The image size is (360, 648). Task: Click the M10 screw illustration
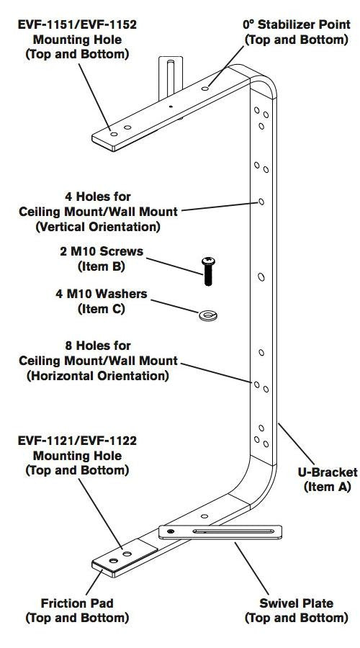[x=208, y=271]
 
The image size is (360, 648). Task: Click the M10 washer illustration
[x=208, y=316]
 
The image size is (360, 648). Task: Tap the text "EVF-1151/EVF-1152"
[x=77, y=24]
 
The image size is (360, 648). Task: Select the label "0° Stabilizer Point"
[x=297, y=24]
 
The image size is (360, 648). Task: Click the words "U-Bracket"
[x=328, y=472]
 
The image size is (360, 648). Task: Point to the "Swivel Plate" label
[x=296, y=603]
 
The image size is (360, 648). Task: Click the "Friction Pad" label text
[x=77, y=603]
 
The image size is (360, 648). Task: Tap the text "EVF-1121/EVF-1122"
[x=77, y=441]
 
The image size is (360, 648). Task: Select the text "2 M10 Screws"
[x=102, y=251]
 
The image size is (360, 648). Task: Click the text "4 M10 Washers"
[x=102, y=294]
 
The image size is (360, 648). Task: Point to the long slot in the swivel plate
[x=233, y=531]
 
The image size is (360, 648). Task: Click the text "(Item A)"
[x=328, y=487]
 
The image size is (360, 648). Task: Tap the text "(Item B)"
[x=102, y=266]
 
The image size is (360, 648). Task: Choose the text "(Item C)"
[x=102, y=309]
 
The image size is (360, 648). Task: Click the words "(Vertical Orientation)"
[x=98, y=227]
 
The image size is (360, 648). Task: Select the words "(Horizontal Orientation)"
[x=98, y=376]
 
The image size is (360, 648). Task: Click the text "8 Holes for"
[x=98, y=346]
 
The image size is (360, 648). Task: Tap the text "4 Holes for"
[x=98, y=197]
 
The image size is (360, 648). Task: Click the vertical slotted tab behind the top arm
[x=171, y=78]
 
